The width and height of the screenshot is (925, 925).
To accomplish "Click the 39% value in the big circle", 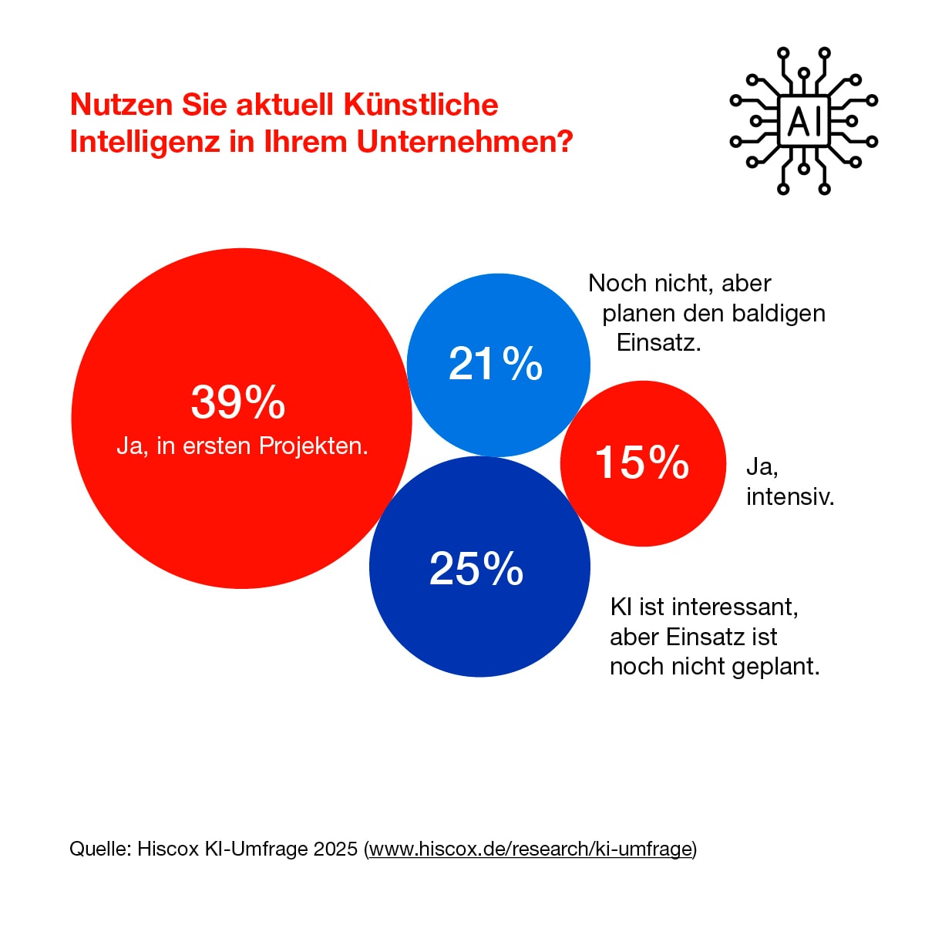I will [x=238, y=402].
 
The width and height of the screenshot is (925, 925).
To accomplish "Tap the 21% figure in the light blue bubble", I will [x=496, y=364].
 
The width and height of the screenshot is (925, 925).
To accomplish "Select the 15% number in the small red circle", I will [x=642, y=462].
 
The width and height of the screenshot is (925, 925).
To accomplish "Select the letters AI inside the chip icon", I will [x=803, y=121].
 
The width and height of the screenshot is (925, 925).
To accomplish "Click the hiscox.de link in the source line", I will [x=530, y=849].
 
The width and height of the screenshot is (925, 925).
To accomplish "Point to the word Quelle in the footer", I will [x=99, y=849].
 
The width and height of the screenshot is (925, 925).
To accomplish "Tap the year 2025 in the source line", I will [x=335, y=849].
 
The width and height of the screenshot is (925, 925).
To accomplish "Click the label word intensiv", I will [x=789, y=496].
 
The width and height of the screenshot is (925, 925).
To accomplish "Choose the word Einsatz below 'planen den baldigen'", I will [x=658, y=342].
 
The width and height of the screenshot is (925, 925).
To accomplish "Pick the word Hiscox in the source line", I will [x=168, y=849].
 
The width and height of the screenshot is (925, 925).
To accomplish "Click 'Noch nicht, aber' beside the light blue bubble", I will [x=679, y=283].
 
